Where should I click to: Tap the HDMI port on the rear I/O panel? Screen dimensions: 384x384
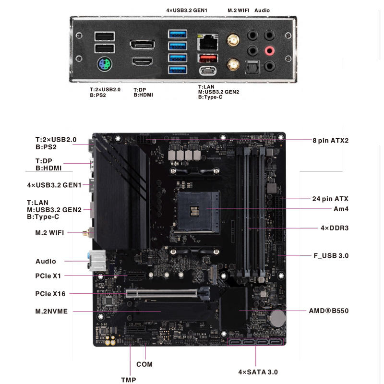142,62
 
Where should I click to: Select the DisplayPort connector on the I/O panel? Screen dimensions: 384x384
142,45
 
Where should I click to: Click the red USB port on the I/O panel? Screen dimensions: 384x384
208,59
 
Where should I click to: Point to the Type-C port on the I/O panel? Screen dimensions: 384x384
208,71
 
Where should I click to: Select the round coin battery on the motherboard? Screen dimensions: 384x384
277,317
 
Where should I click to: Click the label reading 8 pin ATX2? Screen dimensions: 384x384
330,141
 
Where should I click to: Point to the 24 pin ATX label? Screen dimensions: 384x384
330,198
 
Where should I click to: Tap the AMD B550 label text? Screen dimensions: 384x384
328,311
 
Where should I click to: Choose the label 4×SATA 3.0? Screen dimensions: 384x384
258,372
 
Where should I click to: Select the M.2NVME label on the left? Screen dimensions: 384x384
51,311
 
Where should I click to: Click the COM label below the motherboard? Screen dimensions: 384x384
144,364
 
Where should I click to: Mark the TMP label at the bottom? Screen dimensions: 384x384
128,380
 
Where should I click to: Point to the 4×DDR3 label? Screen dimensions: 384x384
334,228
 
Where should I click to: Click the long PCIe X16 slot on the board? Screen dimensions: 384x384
163,293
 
